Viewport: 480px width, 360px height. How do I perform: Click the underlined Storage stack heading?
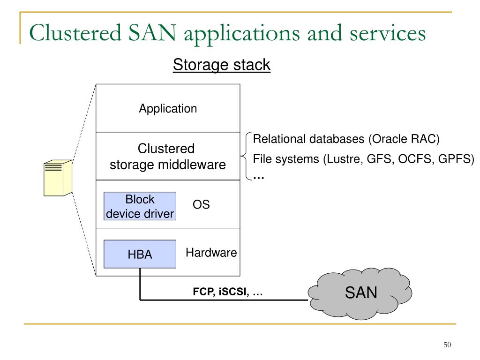click(222, 65)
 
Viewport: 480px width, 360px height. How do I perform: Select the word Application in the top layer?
click(168, 109)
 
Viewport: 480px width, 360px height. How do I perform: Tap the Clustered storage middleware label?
click(168, 157)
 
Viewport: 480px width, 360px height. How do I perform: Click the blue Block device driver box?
click(140, 206)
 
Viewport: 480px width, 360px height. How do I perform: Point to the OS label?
click(201, 204)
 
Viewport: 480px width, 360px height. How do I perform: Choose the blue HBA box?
click(140, 254)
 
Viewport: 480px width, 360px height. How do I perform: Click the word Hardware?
click(211, 253)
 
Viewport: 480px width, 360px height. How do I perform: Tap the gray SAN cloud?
click(360, 293)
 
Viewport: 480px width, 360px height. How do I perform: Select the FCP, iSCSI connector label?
click(228, 292)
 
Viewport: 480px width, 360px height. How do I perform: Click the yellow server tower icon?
click(58, 178)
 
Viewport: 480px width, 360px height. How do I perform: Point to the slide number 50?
click(447, 345)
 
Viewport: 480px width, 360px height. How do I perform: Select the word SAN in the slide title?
click(152, 33)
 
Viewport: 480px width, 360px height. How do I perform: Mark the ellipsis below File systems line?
click(259, 178)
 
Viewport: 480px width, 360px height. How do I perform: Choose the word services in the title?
click(388, 33)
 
